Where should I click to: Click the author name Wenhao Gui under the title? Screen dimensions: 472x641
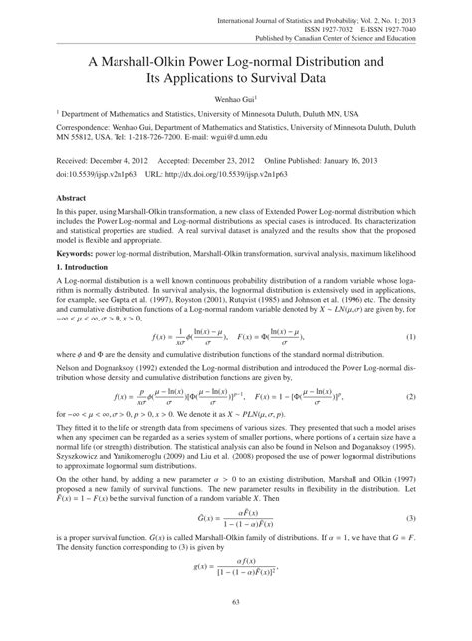[237, 100]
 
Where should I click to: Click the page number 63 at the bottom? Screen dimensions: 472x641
[236, 628]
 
